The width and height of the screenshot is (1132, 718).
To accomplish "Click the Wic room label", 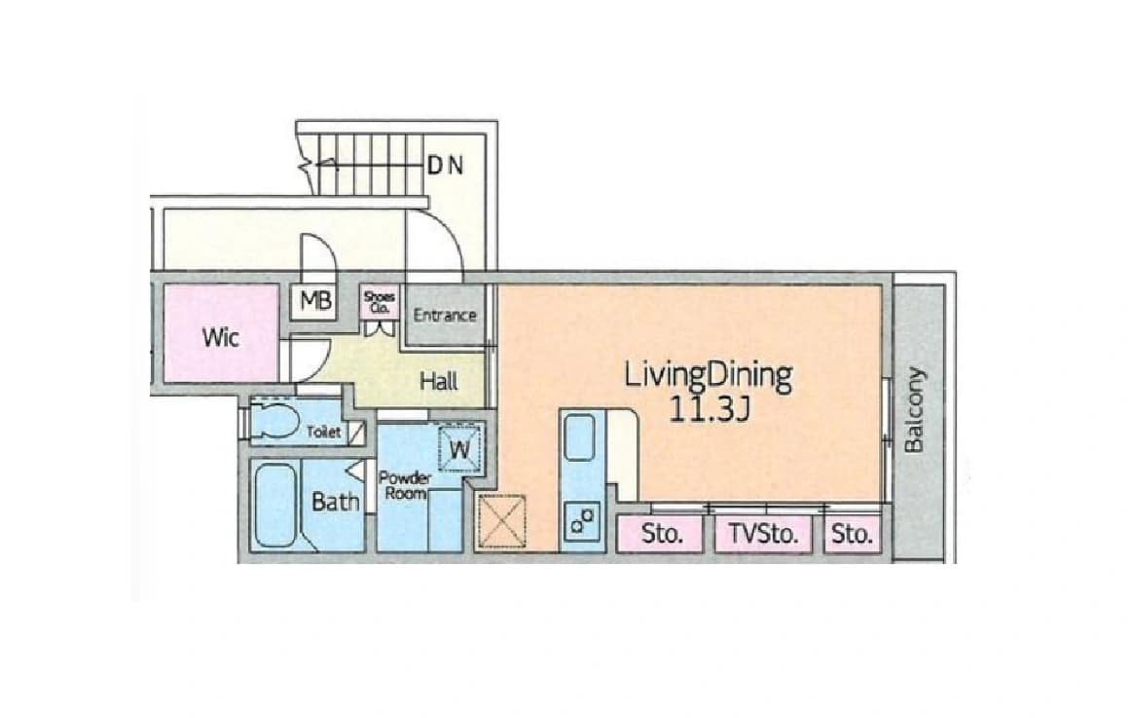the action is pyautogui.click(x=220, y=337).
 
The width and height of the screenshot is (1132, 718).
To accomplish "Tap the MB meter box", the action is pyautogui.click(x=314, y=300).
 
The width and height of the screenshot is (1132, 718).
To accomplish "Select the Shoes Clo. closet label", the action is pyautogui.click(x=380, y=302).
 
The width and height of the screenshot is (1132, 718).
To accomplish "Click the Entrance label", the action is pyautogui.click(x=445, y=315).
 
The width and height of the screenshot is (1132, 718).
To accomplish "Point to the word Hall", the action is pyautogui.click(x=439, y=381).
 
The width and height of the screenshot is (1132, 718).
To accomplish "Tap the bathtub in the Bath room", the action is pyautogui.click(x=276, y=506).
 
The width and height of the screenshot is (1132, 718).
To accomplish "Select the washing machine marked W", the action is pyautogui.click(x=458, y=448).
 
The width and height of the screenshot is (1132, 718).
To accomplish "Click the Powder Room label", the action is pyautogui.click(x=405, y=485).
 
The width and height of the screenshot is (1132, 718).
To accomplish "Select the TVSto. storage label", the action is pyautogui.click(x=763, y=535).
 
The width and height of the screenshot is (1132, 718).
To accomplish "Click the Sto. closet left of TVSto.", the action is pyautogui.click(x=661, y=535).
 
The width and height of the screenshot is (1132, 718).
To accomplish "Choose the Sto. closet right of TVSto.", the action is pyautogui.click(x=852, y=535).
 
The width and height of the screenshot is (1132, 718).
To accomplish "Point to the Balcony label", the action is pyautogui.click(x=914, y=409).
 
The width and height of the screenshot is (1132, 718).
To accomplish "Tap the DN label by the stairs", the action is pyautogui.click(x=445, y=166).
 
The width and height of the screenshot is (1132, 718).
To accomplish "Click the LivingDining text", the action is pyautogui.click(x=709, y=375).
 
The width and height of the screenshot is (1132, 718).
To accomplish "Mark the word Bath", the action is pyautogui.click(x=335, y=502).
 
